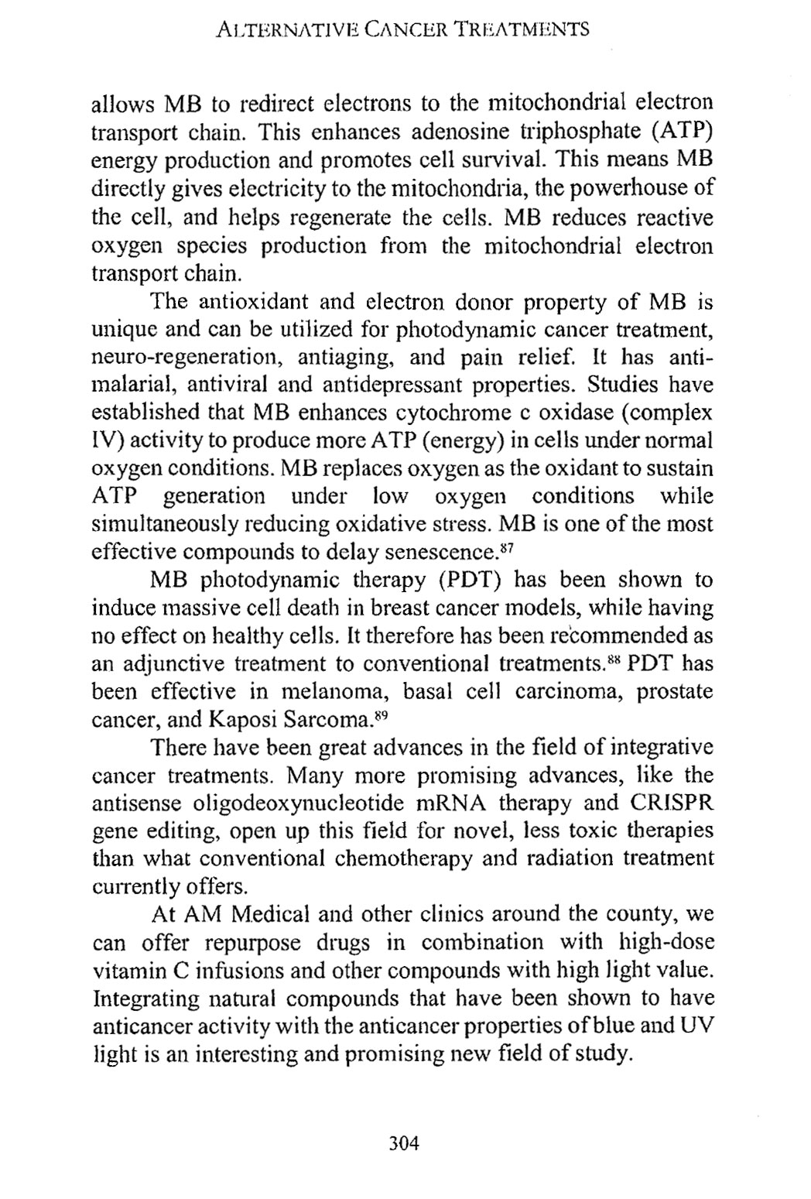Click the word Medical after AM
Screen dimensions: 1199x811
click(x=269, y=915)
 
